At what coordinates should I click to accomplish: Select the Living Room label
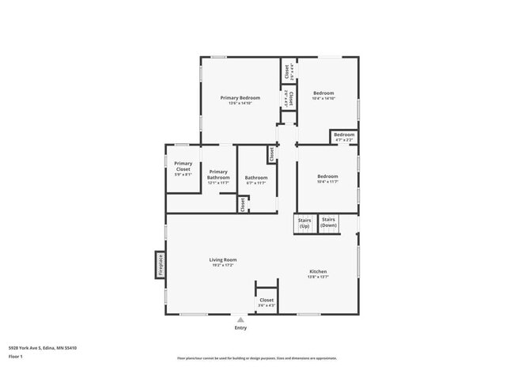coord(223,259)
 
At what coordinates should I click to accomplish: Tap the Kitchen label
coord(317,271)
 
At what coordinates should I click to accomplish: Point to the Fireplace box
coord(160,264)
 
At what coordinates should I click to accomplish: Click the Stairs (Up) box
coord(304,223)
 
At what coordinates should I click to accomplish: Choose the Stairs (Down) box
coord(328,223)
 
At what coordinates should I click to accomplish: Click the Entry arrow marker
coord(240,319)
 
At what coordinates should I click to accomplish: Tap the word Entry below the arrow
coord(240,327)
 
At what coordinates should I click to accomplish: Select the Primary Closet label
coord(183,166)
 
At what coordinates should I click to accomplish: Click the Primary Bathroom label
coord(218,174)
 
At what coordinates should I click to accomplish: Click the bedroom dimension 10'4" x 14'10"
coord(324,99)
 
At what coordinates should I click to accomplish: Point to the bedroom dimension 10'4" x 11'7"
coord(327,182)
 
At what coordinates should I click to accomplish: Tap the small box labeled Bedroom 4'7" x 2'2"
coord(344,137)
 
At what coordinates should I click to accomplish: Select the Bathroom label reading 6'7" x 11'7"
coord(255,183)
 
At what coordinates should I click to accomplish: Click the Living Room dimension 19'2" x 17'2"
coord(223,265)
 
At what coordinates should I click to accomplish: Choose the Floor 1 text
coord(16,357)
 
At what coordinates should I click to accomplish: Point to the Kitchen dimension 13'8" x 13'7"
coord(317,277)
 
